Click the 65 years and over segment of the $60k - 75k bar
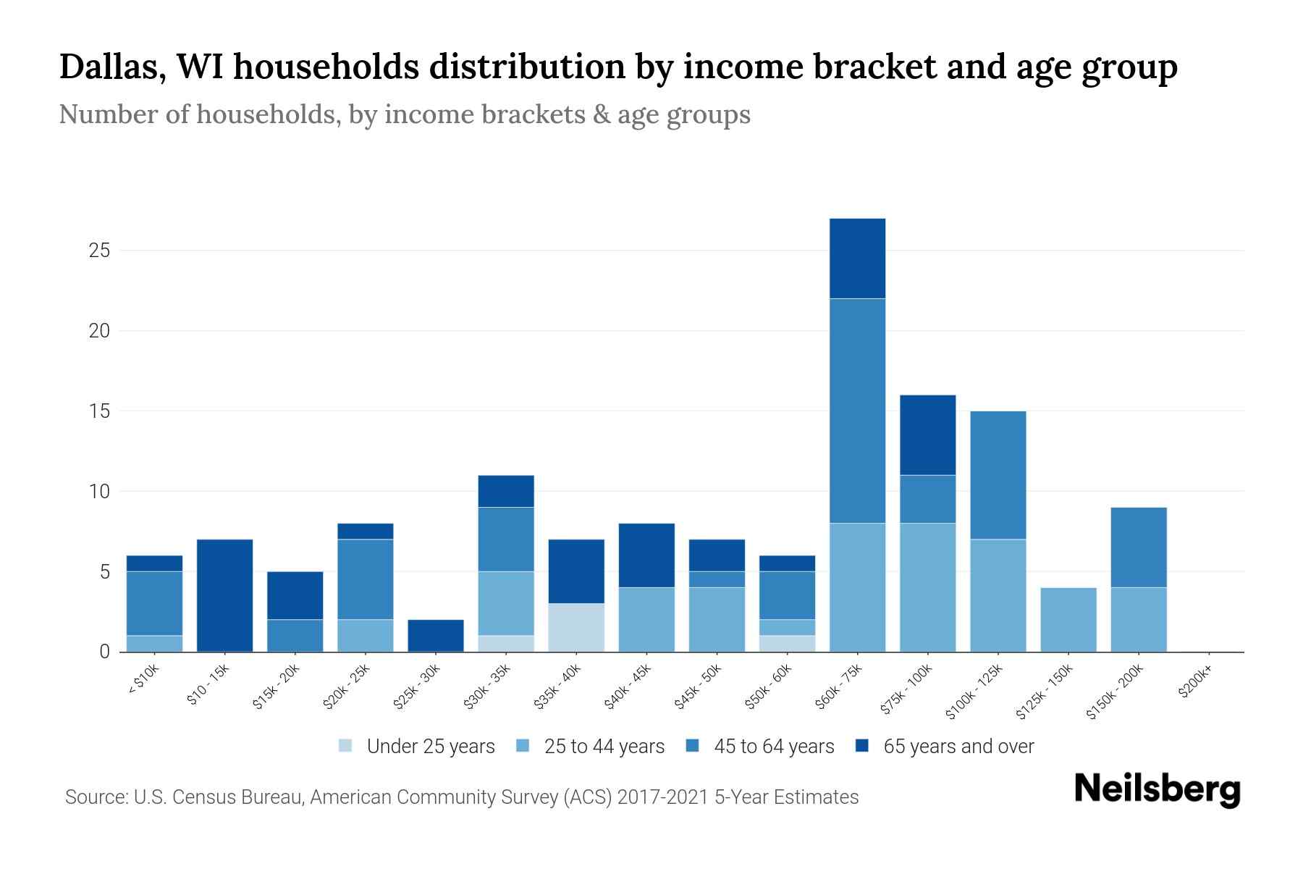point(857,259)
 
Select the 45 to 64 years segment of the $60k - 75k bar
point(857,411)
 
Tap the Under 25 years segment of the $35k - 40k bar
point(576,627)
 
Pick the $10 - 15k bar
point(224,595)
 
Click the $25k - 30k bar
point(436,636)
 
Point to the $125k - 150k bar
point(1068,619)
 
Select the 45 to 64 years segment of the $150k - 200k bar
point(1139,547)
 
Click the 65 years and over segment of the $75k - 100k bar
point(927,435)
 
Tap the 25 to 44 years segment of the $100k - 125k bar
point(998,595)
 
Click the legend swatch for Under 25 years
point(346,746)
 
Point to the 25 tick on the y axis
point(99,251)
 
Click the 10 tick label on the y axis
point(99,492)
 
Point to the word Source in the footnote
point(95,797)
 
